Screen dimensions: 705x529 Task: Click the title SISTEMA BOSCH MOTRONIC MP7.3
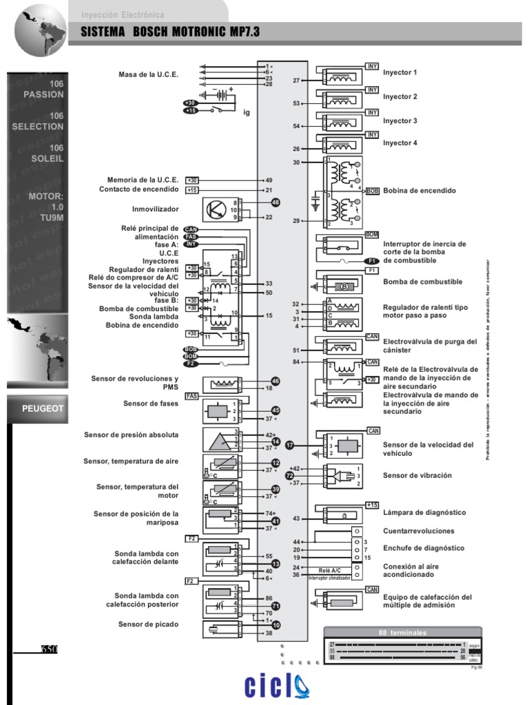pos(171,32)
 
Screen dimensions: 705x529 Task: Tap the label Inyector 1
pos(400,72)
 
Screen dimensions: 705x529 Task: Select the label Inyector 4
pos(400,143)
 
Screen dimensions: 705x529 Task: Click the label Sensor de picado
pos(148,624)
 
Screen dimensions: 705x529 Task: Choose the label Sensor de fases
pos(151,403)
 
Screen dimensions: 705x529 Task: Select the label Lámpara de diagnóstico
pos(424,513)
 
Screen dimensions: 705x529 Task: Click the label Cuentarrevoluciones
pos(419,531)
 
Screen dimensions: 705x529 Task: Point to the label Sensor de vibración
pos(417,475)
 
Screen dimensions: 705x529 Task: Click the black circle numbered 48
pos(276,202)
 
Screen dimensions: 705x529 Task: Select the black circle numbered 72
pos(290,475)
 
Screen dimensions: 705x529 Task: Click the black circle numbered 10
pos(276,625)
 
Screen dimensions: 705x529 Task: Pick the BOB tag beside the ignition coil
pos(373,191)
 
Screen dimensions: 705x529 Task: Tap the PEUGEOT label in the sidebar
pos(43,408)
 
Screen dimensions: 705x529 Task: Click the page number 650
pos(48,649)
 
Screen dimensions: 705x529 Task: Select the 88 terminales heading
pos(403,632)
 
